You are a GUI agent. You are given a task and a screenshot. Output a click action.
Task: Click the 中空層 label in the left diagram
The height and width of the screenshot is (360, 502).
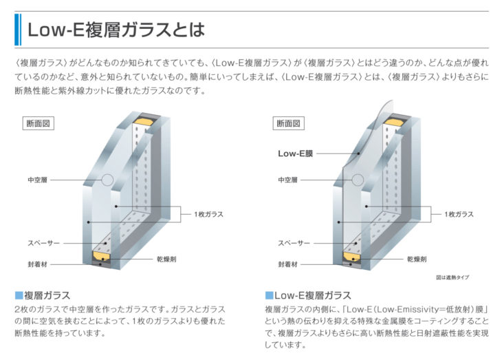[x=37, y=180]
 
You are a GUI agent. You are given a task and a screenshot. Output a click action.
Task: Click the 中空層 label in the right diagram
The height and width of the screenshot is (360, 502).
[x=287, y=180]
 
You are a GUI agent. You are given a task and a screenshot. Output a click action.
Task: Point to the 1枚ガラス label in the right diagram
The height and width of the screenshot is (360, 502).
[x=459, y=214]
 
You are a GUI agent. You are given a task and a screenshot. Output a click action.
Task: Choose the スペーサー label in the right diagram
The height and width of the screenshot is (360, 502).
[x=294, y=243]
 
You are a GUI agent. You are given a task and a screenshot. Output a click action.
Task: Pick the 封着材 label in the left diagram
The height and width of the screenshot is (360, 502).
[x=37, y=264]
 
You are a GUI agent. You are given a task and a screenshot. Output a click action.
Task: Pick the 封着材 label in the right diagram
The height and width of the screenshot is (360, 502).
[x=287, y=264]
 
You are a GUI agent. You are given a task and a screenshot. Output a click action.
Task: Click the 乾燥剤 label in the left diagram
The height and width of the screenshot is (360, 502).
[x=167, y=260]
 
